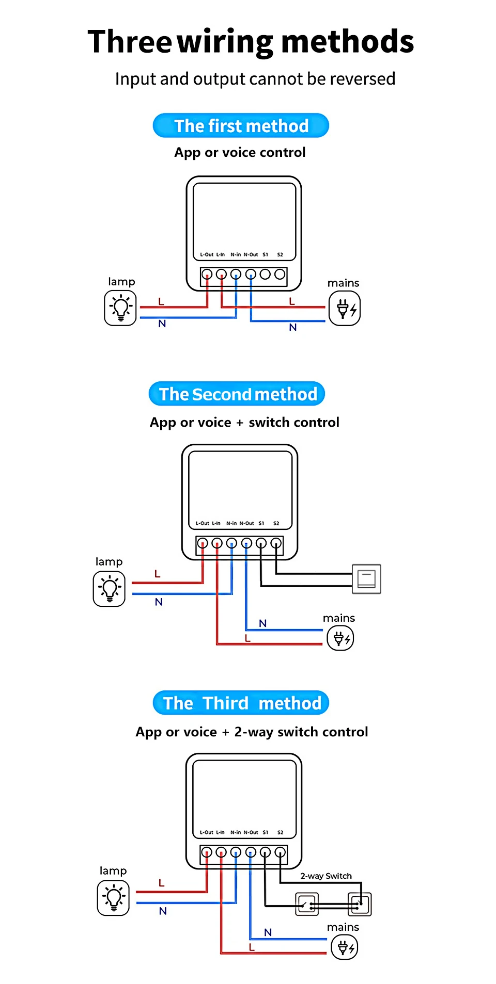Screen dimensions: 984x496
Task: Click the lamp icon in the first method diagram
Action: [120, 308]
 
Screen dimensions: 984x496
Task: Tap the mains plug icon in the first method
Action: [345, 309]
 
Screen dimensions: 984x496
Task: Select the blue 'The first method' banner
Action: [241, 125]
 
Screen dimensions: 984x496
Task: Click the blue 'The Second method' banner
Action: [237, 394]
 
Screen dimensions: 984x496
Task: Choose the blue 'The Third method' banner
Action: [241, 703]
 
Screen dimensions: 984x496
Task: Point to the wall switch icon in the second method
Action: [366, 578]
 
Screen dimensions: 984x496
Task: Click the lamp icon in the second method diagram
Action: [109, 588]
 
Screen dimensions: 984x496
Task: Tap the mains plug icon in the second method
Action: [340, 638]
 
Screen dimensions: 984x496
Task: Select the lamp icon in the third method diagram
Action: [113, 898]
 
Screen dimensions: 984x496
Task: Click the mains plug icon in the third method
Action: [345, 947]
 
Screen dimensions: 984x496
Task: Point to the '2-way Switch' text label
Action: [326, 876]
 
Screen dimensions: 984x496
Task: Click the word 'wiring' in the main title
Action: [225, 42]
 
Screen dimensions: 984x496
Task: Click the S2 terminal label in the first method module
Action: [280, 254]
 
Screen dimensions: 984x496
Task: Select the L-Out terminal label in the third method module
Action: [206, 832]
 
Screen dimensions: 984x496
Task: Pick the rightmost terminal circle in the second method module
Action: [276, 543]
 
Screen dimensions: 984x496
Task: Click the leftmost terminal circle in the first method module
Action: [207, 274]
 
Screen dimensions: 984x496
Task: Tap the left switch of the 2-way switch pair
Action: [307, 904]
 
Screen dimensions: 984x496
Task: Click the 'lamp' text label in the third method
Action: [113, 871]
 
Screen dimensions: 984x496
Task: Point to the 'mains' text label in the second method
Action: [339, 618]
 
